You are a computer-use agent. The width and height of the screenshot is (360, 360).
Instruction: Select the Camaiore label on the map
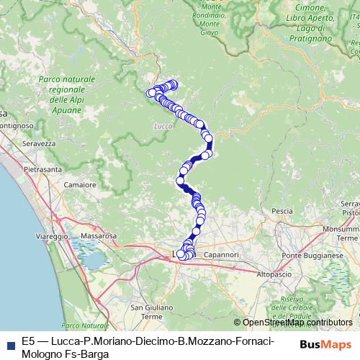[x=80, y=185]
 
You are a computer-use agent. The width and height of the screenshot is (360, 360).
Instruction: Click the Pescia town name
[x=282, y=211]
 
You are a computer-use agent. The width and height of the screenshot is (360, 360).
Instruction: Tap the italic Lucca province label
[x=162, y=127]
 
